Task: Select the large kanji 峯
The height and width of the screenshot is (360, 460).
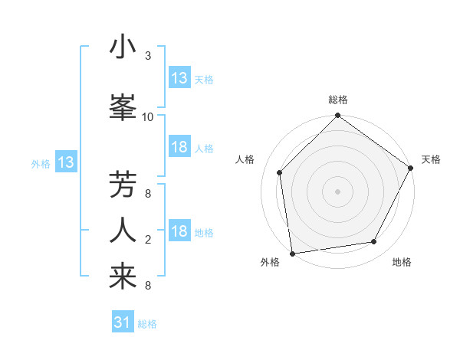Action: pos(123,106)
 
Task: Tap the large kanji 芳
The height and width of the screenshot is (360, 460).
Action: pos(123,185)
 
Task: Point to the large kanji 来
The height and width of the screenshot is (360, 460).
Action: pos(123,277)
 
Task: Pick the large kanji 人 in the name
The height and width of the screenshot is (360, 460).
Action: pos(123,231)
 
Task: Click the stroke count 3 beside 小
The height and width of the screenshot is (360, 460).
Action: pos(148,57)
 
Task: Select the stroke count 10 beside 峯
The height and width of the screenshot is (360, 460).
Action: pos(148,116)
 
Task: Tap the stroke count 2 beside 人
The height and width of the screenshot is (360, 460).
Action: pos(148,240)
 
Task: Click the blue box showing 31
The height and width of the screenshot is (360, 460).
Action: pos(123,322)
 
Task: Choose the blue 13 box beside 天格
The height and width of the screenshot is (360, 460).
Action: pos(179,78)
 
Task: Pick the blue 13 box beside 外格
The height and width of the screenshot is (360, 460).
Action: pos(65,162)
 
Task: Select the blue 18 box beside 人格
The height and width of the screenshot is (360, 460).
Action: pos(179,147)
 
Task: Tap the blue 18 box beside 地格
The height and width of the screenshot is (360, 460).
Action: pos(179,232)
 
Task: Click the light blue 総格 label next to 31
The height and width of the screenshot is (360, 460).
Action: pos(147,324)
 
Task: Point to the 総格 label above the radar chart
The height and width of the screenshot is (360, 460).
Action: pos(338,100)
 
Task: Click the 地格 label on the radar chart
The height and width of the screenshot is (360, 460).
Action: pos(402,262)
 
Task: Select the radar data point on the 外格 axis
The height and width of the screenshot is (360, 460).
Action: pos(292,253)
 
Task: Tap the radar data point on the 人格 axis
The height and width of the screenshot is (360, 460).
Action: pos(280,172)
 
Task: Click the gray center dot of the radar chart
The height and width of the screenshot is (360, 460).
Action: pos(337,191)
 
